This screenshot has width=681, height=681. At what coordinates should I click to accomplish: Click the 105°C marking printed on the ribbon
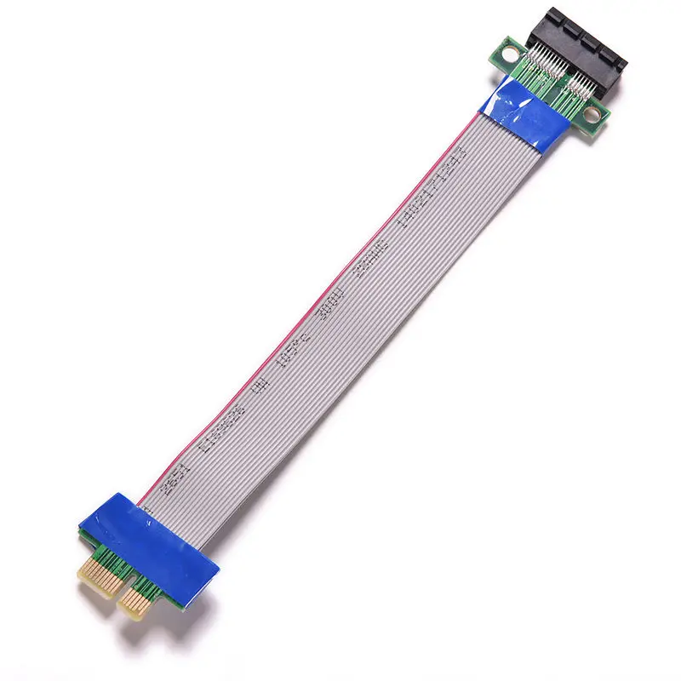pos(289,349)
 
